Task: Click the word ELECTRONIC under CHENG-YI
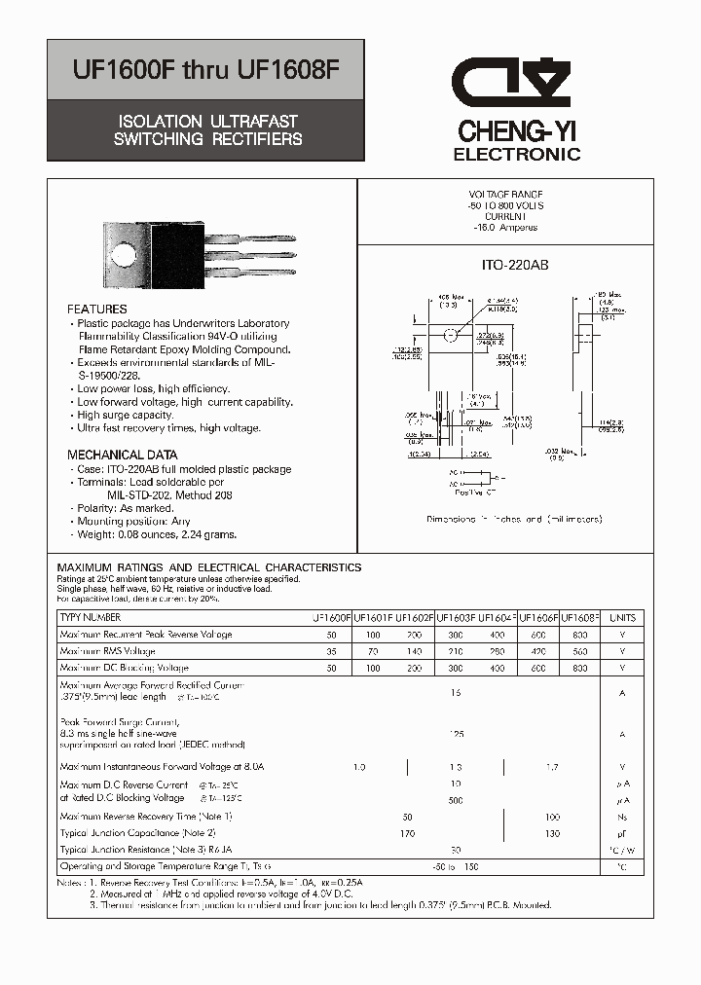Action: (517, 155)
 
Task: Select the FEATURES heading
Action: (97, 310)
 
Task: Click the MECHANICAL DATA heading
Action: (123, 455)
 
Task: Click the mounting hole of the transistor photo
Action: (124, 256)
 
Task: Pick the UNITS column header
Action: (622, 617)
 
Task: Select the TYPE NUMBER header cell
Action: (91, 617)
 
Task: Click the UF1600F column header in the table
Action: (331, 617)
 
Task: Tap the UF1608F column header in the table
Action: (579, 617)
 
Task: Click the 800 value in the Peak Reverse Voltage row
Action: (579, 635)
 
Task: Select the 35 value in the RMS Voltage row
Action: (331, 651)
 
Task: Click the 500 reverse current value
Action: (455, 800)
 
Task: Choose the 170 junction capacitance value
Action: (408, 833)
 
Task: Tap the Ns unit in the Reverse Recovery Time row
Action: (622, 817)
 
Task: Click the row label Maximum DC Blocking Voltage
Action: (124, 668)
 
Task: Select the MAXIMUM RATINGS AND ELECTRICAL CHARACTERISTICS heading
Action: (209, 567)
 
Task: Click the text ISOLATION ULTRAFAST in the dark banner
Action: (207, 122)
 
